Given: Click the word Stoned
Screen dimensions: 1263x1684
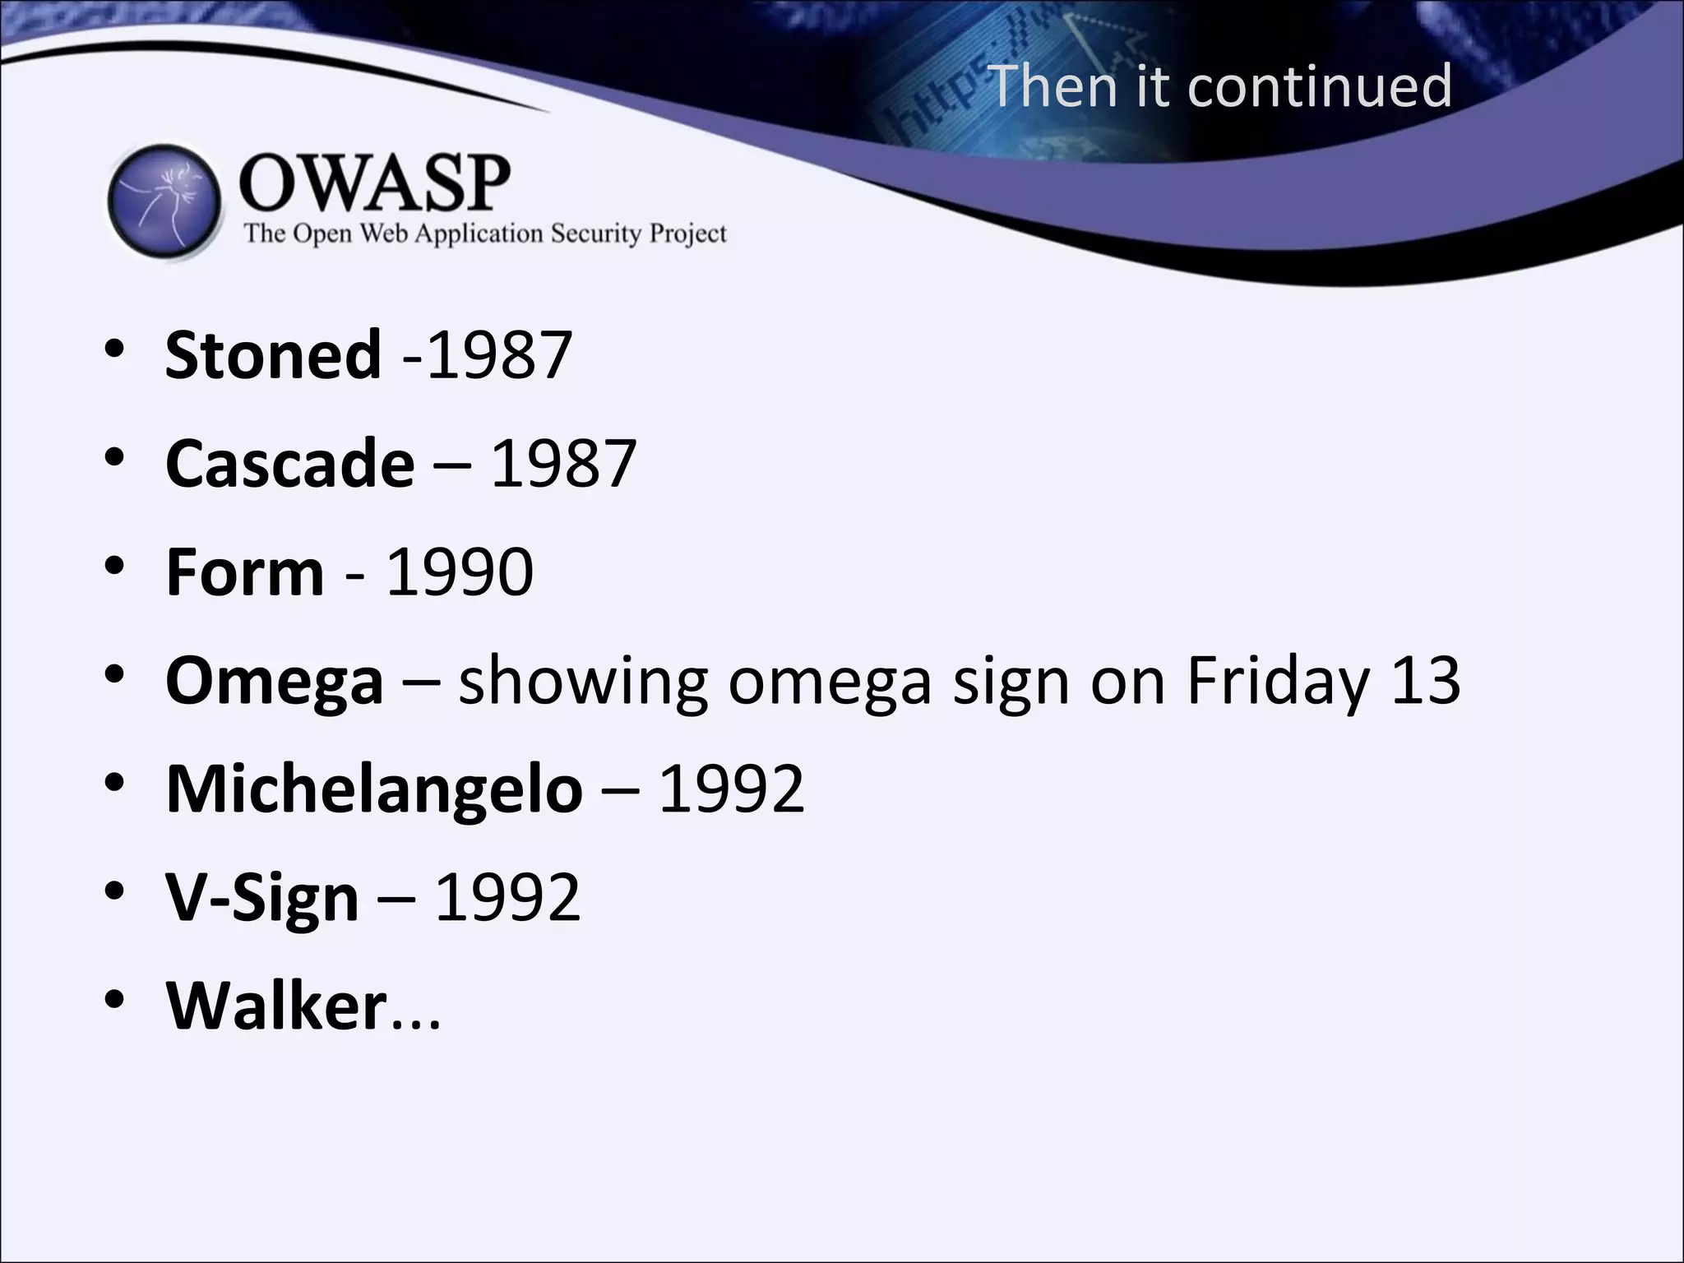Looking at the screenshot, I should tap(273, 355).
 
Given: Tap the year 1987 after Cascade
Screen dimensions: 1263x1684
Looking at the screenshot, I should tap(563, 464).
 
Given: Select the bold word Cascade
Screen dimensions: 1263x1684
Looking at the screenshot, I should tap(290, 464).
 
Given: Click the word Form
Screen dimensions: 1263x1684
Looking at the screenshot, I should tap(245, 572).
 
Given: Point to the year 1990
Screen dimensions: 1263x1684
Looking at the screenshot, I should tap(460, 572).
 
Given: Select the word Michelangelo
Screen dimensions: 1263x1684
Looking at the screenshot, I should tap(374, 789).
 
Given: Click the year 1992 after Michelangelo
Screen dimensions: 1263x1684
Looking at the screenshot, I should tap(731, 789).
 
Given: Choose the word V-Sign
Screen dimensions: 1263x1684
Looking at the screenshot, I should tap(262, 898).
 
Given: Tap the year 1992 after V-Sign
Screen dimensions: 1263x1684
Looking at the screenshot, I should tap(507, 898).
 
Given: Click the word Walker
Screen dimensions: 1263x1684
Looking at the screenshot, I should tap(276, 1006).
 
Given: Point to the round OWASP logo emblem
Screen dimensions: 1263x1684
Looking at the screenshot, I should tap(164, 201).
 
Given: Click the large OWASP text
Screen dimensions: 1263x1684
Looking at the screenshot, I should tap(375, 183).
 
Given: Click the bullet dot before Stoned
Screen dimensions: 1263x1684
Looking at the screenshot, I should tap(114, 350).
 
